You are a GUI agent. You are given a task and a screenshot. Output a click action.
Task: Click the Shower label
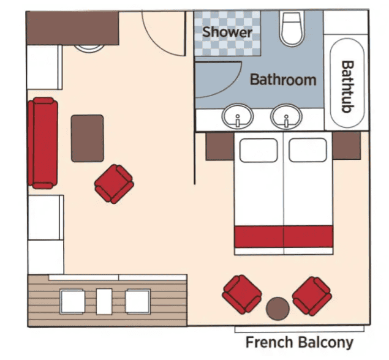coord(227,32)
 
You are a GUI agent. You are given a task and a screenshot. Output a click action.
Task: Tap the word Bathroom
coord(283,80)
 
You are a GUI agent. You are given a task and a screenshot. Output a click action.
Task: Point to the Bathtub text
coord(347,87)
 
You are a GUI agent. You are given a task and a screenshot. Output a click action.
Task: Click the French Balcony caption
coord(299,342)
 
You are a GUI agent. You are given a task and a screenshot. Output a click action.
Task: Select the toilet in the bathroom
coord(292,29)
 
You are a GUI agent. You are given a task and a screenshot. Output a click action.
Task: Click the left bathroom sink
coord(238,116)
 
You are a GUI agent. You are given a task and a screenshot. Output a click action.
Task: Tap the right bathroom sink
coord(286,116)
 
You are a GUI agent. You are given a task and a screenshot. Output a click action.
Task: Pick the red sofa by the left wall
coord(43,143)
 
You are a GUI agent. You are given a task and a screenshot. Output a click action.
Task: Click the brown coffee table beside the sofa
coord(88,138)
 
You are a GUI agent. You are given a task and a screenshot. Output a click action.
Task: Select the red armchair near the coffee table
coord(114,184)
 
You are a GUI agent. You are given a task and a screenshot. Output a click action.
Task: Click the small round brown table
coord(278,309)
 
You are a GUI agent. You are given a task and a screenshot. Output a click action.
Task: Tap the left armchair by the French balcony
coord(242,294)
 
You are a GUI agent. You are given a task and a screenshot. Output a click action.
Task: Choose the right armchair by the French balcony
coord(312,296)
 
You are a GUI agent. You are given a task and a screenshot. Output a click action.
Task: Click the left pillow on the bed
coord(259,150)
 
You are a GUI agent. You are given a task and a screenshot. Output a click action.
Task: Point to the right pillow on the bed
coord(308,150)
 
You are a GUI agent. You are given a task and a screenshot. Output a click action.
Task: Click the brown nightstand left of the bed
coord(220,146)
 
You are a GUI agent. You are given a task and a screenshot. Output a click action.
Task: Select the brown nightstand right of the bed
coord(346,146)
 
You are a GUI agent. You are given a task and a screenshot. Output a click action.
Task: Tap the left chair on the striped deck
coord(72,302)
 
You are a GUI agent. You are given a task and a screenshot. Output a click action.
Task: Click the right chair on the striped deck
coord(138,302)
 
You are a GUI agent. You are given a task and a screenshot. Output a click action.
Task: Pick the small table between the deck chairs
coord(104,301)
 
